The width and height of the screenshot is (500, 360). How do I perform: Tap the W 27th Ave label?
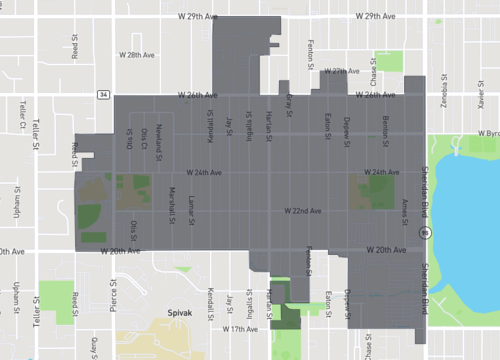(340, 72)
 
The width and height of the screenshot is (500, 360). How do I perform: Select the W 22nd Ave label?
(302, 211)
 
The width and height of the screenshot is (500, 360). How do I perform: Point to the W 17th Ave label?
(240, 328)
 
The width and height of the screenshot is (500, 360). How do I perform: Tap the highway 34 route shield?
(103, 95)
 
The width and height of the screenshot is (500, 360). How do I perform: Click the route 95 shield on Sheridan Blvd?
(425, 232)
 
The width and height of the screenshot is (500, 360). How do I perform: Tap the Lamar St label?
(189, 201)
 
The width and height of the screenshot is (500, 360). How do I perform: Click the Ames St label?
(404, 207)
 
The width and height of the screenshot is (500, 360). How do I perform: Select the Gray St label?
(289, 102)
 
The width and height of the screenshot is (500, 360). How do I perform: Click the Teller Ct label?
(20, 116)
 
